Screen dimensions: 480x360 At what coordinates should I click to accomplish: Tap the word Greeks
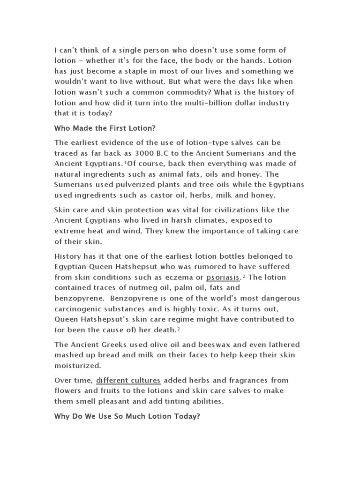pos(111,345)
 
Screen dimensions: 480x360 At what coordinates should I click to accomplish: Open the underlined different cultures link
pos(128,380)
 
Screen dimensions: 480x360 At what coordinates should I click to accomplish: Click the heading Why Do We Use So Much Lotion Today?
pos(127,416)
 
